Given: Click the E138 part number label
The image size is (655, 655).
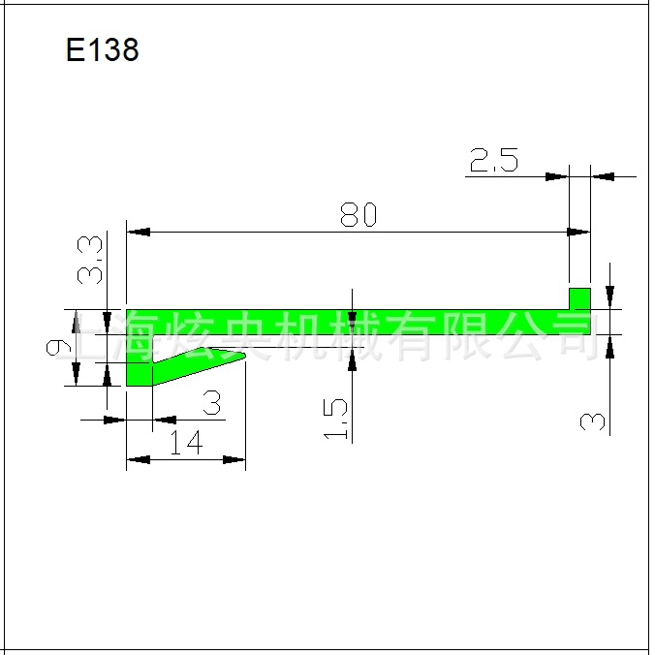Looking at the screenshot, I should tap(103, 50).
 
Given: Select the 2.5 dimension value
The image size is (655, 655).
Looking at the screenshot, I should tap(493, 160).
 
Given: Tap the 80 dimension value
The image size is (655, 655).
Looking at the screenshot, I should tap(358, 215).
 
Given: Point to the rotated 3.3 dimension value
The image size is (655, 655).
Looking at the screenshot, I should tap(91, 261).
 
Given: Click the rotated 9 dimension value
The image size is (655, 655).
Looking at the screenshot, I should tap(58, 347).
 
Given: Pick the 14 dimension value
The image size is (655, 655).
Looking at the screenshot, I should tap(185, 443).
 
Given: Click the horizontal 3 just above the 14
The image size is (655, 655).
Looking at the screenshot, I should tap(210, 401).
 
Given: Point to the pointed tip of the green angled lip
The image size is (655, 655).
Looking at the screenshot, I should tap(242, 357).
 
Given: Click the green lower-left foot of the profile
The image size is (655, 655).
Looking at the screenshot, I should tap(139, 373).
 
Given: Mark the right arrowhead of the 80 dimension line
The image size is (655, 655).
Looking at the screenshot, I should tap(578, 233).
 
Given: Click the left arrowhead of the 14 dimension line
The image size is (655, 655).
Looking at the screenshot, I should tap(138, 459).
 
